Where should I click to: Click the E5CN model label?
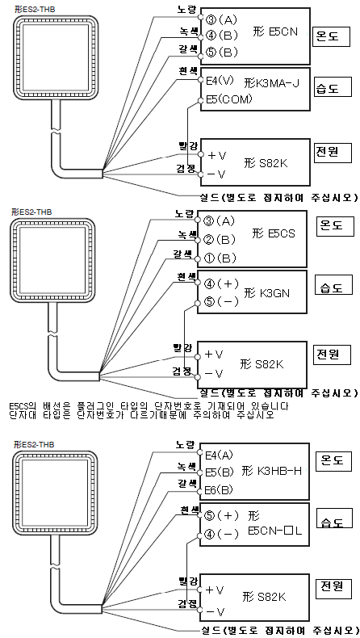pyautogui.click(x=275, y=31)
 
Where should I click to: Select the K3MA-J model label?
pyautogui.click(x=272, y=84)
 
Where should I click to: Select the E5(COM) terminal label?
pyautogui.click(x=228, y=99)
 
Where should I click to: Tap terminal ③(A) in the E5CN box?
pyautogui.click(x=221, y=19)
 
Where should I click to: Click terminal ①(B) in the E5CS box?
pyautogui.click(x=221, y=258)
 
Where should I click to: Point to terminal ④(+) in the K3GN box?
pyautogui.click(x=221, y=283)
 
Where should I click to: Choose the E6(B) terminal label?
pyautogui.click(x=220, y=490)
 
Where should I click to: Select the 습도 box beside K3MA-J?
pyautogui.click(x=333, y=88)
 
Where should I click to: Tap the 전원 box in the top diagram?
pyautogui.click(x=333, y=152)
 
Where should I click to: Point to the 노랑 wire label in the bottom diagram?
pyautogui.click(x=186, y=445)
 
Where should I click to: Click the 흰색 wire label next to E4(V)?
pyautogui.click(x=188, y=71)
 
